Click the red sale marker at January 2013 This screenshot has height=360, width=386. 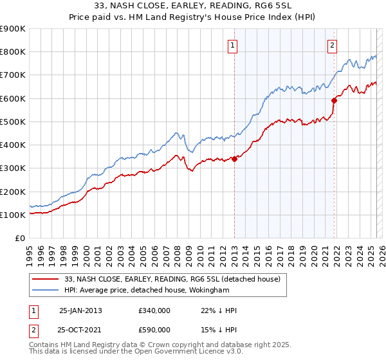click(234, 159)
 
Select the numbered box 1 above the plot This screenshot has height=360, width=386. click(232, 45)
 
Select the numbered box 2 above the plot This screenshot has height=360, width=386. click(332, 45)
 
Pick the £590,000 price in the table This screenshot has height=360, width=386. click(154, 330)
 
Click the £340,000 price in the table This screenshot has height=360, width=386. click(154, 310)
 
